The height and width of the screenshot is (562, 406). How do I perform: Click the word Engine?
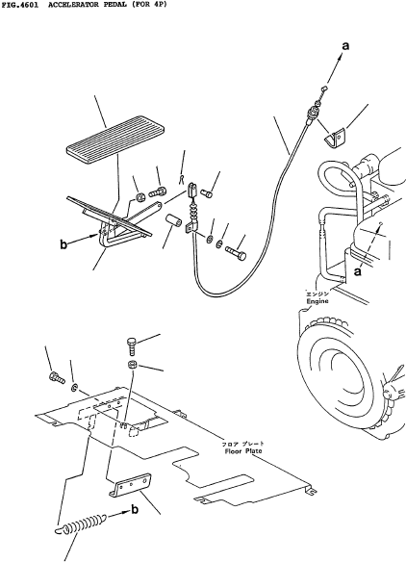pyautogui.click(x=317, y=301)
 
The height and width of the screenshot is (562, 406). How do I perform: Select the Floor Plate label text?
pyautogui.click(x=243, y=451)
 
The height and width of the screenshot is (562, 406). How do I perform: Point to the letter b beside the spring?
pyautogui.click(x=135, y=509)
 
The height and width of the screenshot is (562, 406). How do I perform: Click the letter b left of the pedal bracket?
pyautogui.click(x=63, y=244)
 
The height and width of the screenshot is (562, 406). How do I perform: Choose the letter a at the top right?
pyautogui.click(x=345, y=46)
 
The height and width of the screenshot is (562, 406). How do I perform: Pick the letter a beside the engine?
pyautogui.click(x=357, y=272)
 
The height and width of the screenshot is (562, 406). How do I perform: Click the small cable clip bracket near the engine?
pyautogui.click(x=335, y=139)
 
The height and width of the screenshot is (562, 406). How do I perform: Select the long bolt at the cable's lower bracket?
pyautogui.click(x=236, y=253)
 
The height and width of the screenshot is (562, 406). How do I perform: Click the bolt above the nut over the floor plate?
pyautogui.click(x=132, y=345)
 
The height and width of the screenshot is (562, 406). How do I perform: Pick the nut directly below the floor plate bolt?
pyautogui.click(x=133, y=365)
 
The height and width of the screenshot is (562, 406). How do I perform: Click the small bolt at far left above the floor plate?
pyautogui.click(x=56, y=377)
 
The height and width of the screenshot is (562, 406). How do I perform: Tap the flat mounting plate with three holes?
pyautogui.click(x=130, y=485)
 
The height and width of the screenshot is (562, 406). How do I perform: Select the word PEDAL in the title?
pyautogui.click(x=114, y=5)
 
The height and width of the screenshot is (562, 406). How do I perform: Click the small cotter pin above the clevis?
pyautogui.click(x=182, y=179)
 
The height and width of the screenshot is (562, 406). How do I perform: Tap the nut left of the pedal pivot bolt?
pyautogui.click(x=140, y=196)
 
